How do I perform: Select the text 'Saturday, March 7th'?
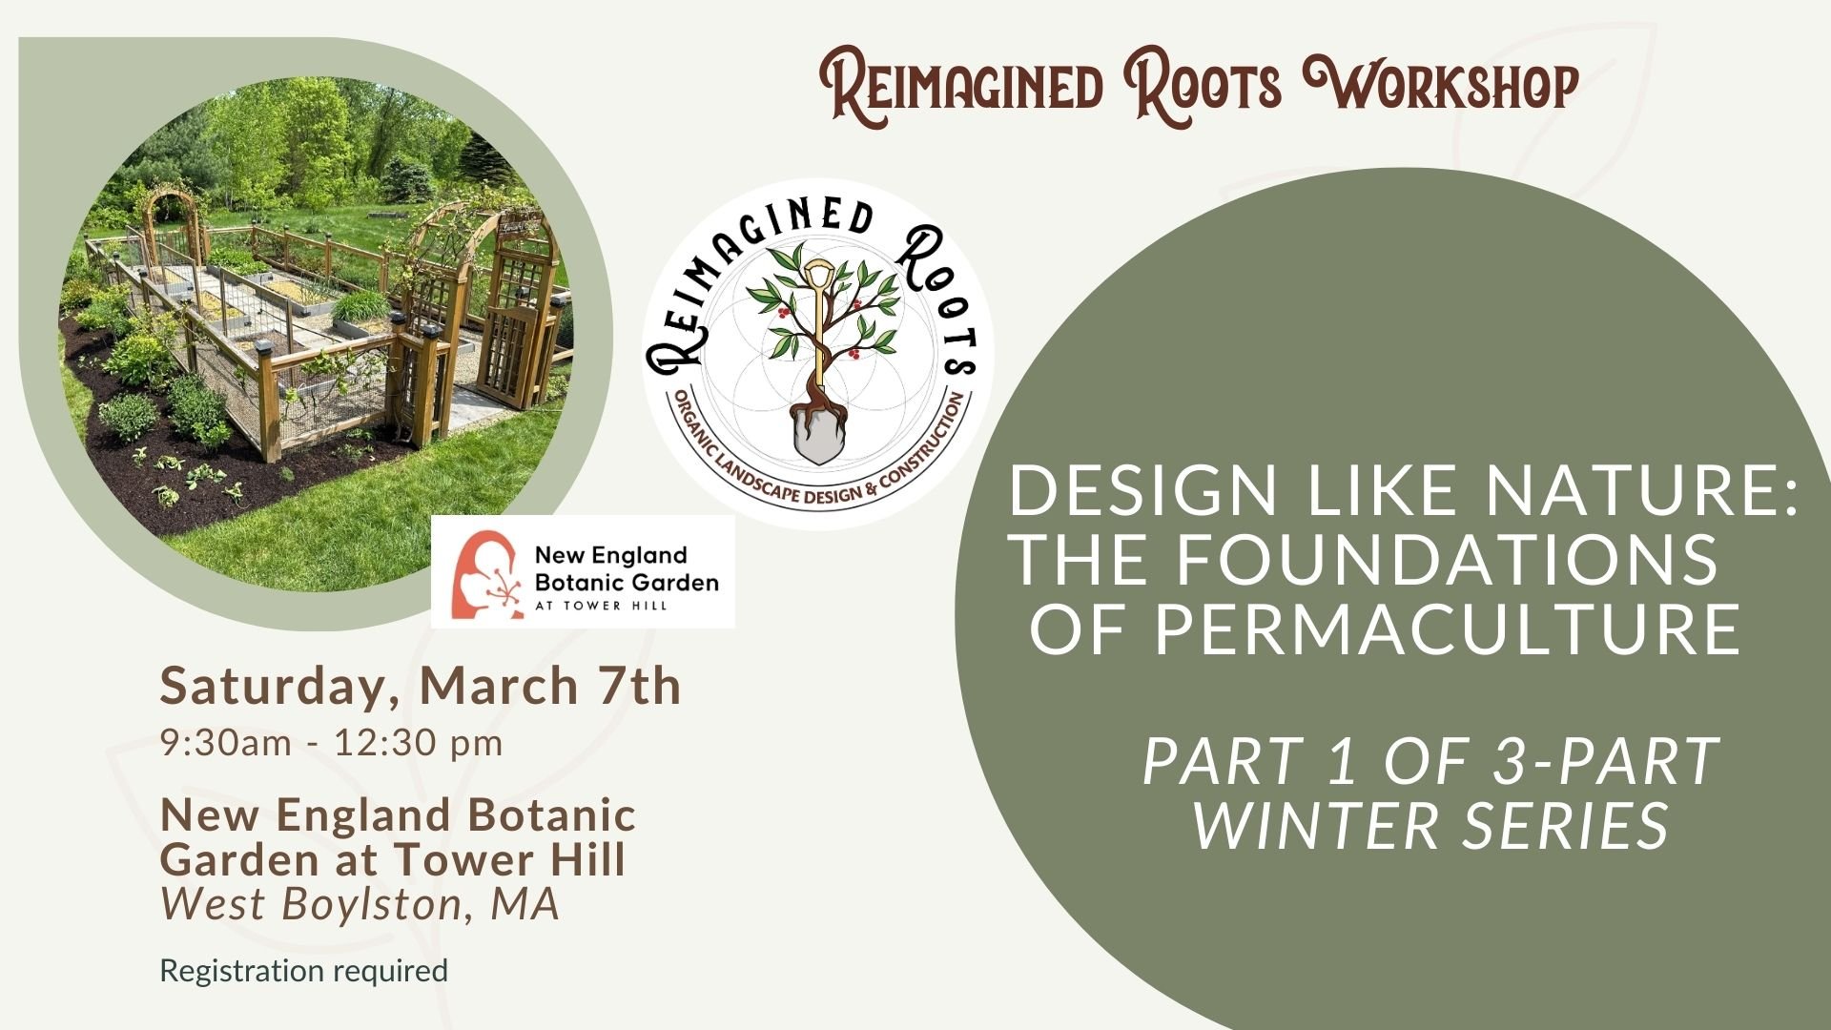[x=421, y=686]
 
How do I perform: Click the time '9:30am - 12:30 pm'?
[x=331, y=743]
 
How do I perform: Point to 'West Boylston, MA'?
[x=360, y=904]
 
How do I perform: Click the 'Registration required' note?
[x=303, y=971]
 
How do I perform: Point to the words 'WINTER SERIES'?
[x=1430, y=825]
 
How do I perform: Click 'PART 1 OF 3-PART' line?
[x=1430, y=761]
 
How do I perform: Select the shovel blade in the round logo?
[x=819, y=434]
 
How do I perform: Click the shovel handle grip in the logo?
[x=818, y=276]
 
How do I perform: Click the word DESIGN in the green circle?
[x=1142, y=490]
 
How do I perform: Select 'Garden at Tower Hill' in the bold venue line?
[x=392, y=859]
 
